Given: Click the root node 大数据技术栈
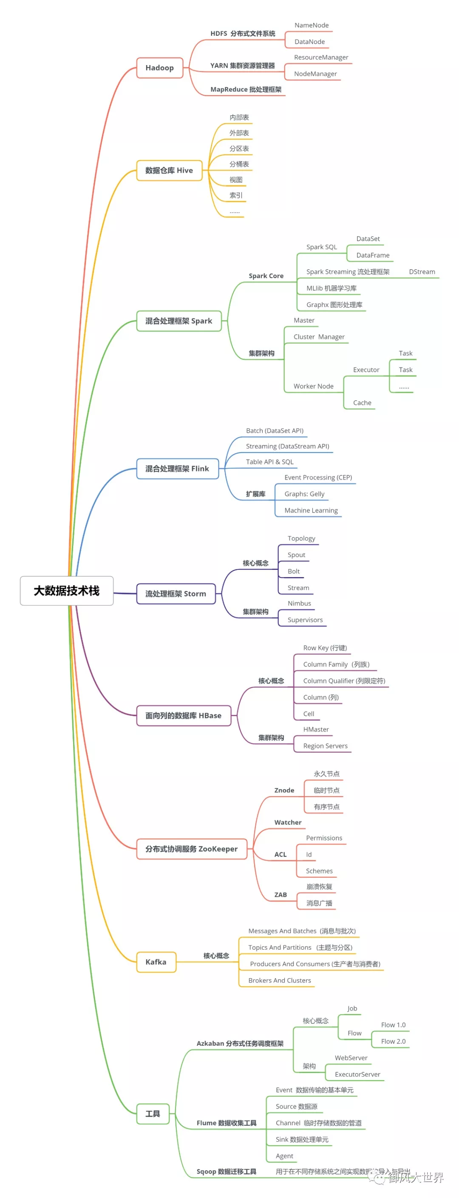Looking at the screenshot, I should click(66, 591).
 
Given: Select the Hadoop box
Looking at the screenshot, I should click(159, 68).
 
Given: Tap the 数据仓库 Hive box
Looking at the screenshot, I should click(169, 170).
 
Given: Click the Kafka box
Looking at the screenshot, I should click(156, 962).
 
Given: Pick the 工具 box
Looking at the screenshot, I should click(153, 1113).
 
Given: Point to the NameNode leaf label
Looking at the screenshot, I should click(311, 26).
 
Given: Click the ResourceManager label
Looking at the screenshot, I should click(320, 57).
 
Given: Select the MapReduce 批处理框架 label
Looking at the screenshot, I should click(246, 89).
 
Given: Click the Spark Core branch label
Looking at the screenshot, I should click(266, 276).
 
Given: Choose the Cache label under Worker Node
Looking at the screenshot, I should click(362, 403).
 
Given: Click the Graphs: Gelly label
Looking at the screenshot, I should click(304, 494).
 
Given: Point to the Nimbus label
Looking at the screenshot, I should click(299, 603).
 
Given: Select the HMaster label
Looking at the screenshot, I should click(316, 729).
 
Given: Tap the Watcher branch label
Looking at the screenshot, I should click(288, 822).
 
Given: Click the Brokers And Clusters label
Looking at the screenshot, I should click(279, 980).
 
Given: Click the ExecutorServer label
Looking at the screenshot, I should click(357, 1074).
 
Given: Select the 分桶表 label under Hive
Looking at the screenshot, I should click(239, 164).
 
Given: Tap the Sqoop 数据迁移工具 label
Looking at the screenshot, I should click(226, 1172).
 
